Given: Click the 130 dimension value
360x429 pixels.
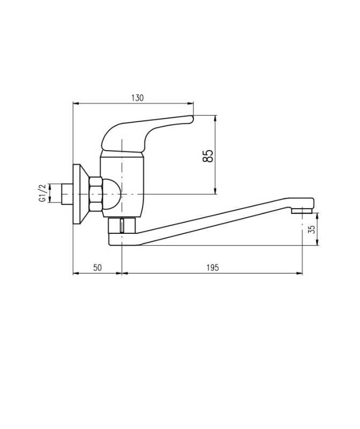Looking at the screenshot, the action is click(x=137, y=98).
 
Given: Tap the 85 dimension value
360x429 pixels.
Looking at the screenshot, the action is click(x=208, y=156).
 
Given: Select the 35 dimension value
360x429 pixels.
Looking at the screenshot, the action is click(x=312, y=230).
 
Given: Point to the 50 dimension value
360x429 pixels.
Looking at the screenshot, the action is click(x=97, y=268).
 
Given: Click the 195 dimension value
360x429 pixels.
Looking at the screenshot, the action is click(x=213, y=268).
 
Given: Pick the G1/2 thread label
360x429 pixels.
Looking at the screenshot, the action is click(x=43, y=193).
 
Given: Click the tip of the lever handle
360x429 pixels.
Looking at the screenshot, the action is click(x=192, y=119).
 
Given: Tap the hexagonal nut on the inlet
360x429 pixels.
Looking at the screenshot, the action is click(x=95, y=194).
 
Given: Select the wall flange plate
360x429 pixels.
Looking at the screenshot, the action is click(x=80, y=194).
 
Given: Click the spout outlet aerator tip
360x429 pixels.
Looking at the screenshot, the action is click(x=302, y=211).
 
